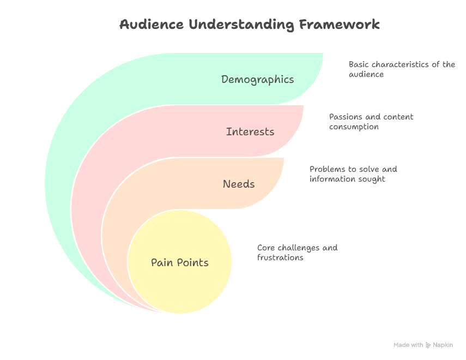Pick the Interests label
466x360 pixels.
point(250,132)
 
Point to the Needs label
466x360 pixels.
point(239,184)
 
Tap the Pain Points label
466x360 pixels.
point(179,263)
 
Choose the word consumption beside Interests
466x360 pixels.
point(353,127)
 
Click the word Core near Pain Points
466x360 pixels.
point(265,248)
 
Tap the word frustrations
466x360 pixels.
point(280,257)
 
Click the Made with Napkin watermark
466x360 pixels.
point(423,345)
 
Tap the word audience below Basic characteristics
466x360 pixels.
point(366,74)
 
